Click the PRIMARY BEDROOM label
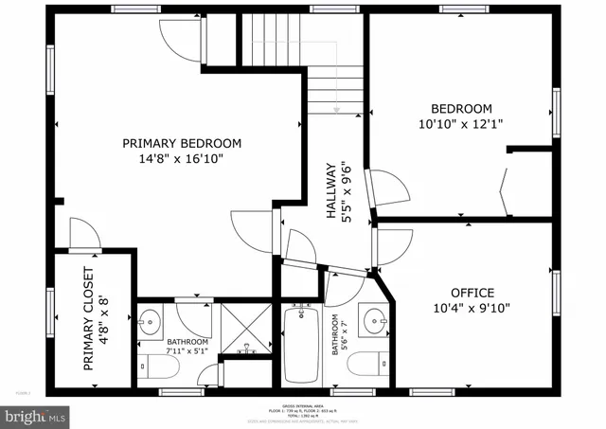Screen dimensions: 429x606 click(x=182, y=143)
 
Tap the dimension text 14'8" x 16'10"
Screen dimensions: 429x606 click(x=182, y=159)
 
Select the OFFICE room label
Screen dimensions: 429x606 click(x=472, y=293)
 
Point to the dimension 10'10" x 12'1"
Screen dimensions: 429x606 click(x=461, y=124)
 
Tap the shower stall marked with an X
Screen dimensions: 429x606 click(x=246, y=327)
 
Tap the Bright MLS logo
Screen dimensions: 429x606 click(x=36, y=415)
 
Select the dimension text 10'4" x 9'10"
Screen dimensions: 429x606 click(x=472, y=309)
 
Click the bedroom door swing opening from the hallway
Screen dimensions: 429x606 click(x=390, y=187)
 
